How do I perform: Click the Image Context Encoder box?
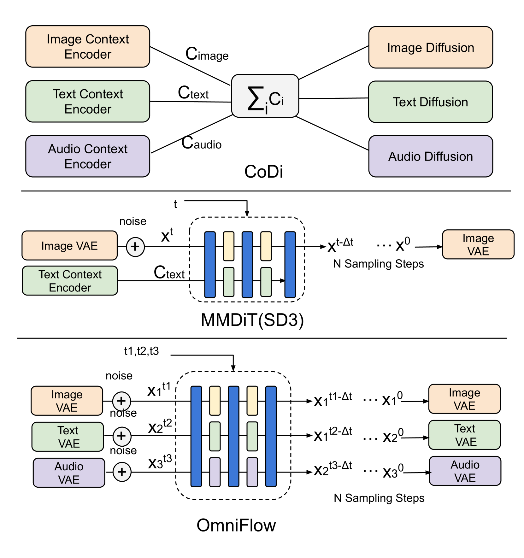[87, 47]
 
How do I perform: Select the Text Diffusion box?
[430, 102]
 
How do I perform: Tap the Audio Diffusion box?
[430, 156]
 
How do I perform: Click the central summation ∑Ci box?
[265, 96]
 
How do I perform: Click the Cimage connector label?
[207, 54]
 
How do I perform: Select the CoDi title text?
[263, 172]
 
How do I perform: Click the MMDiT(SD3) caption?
[252, 320]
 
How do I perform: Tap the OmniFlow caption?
[236, 525]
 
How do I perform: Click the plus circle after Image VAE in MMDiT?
[135, 247]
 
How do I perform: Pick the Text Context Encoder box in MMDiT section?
[70, 281]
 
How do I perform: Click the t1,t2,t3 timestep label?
[141, 351]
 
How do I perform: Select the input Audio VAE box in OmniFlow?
[69, 473]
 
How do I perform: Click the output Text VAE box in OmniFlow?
[464, 435]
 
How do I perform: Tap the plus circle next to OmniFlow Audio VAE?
[122, 472]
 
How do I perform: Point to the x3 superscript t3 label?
[160, 462]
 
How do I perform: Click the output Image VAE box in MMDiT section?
[478, 244]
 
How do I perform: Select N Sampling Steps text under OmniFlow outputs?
[379, 498]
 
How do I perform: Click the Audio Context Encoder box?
[87, 156]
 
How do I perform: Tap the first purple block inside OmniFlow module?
[215, 472]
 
